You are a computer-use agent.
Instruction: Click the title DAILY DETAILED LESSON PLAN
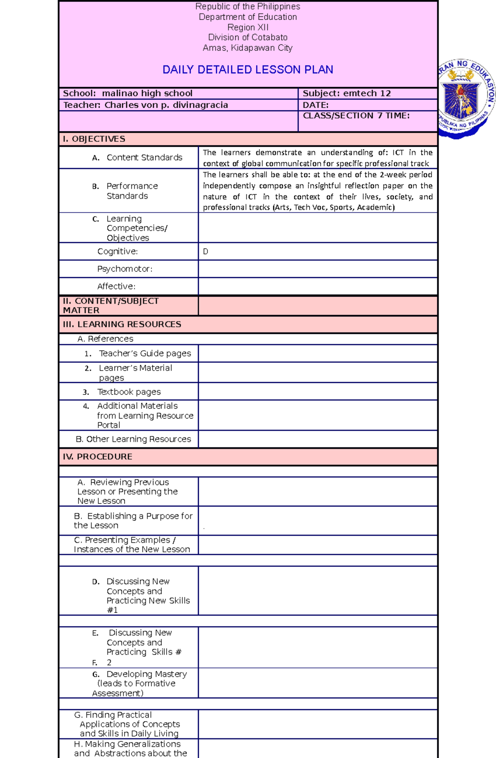pyautogui.click(x=248, y=69)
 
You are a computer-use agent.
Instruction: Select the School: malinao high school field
pyautogui.click(x=128, y=93)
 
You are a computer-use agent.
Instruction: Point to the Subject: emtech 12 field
pyautogui.click(x=346, y=93)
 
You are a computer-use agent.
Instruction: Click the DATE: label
pyautogui.click(x=315, y=105)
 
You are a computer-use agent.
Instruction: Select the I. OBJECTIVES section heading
pyautogui.click(x=94, y=139)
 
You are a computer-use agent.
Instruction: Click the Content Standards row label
pyautogui.click(x=144, y=157)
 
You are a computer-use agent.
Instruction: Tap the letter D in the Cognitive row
pyautogui.click(x=205, y=252)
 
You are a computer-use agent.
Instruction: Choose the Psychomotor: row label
pyautogui.click(x=124, y=269)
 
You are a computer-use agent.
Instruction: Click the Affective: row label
pyautogui.click(x=116, y=286)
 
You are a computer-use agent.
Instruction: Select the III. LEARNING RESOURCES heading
pyautogui.click(x=122, y=324)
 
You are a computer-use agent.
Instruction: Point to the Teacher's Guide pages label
pyautogui.click(x=145, y=354)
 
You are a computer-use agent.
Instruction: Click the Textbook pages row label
pyautogui.click(x=129, y=392)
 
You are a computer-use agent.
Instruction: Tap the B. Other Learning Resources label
pyautogui.click(x=133, y=439)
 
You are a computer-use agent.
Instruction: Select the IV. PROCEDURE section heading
pyautogui.click(x=98, y=457)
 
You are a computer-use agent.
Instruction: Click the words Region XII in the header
pyautogui.click(x=248, y=27)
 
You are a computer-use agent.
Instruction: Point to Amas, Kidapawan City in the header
pyautogui.click(x=248, y=48)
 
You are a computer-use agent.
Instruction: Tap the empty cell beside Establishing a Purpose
pyautogui.click(x=317, y=520)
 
